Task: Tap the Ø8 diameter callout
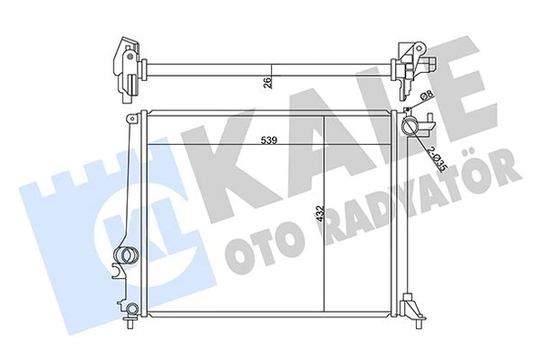425,100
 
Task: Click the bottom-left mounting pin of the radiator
131,322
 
